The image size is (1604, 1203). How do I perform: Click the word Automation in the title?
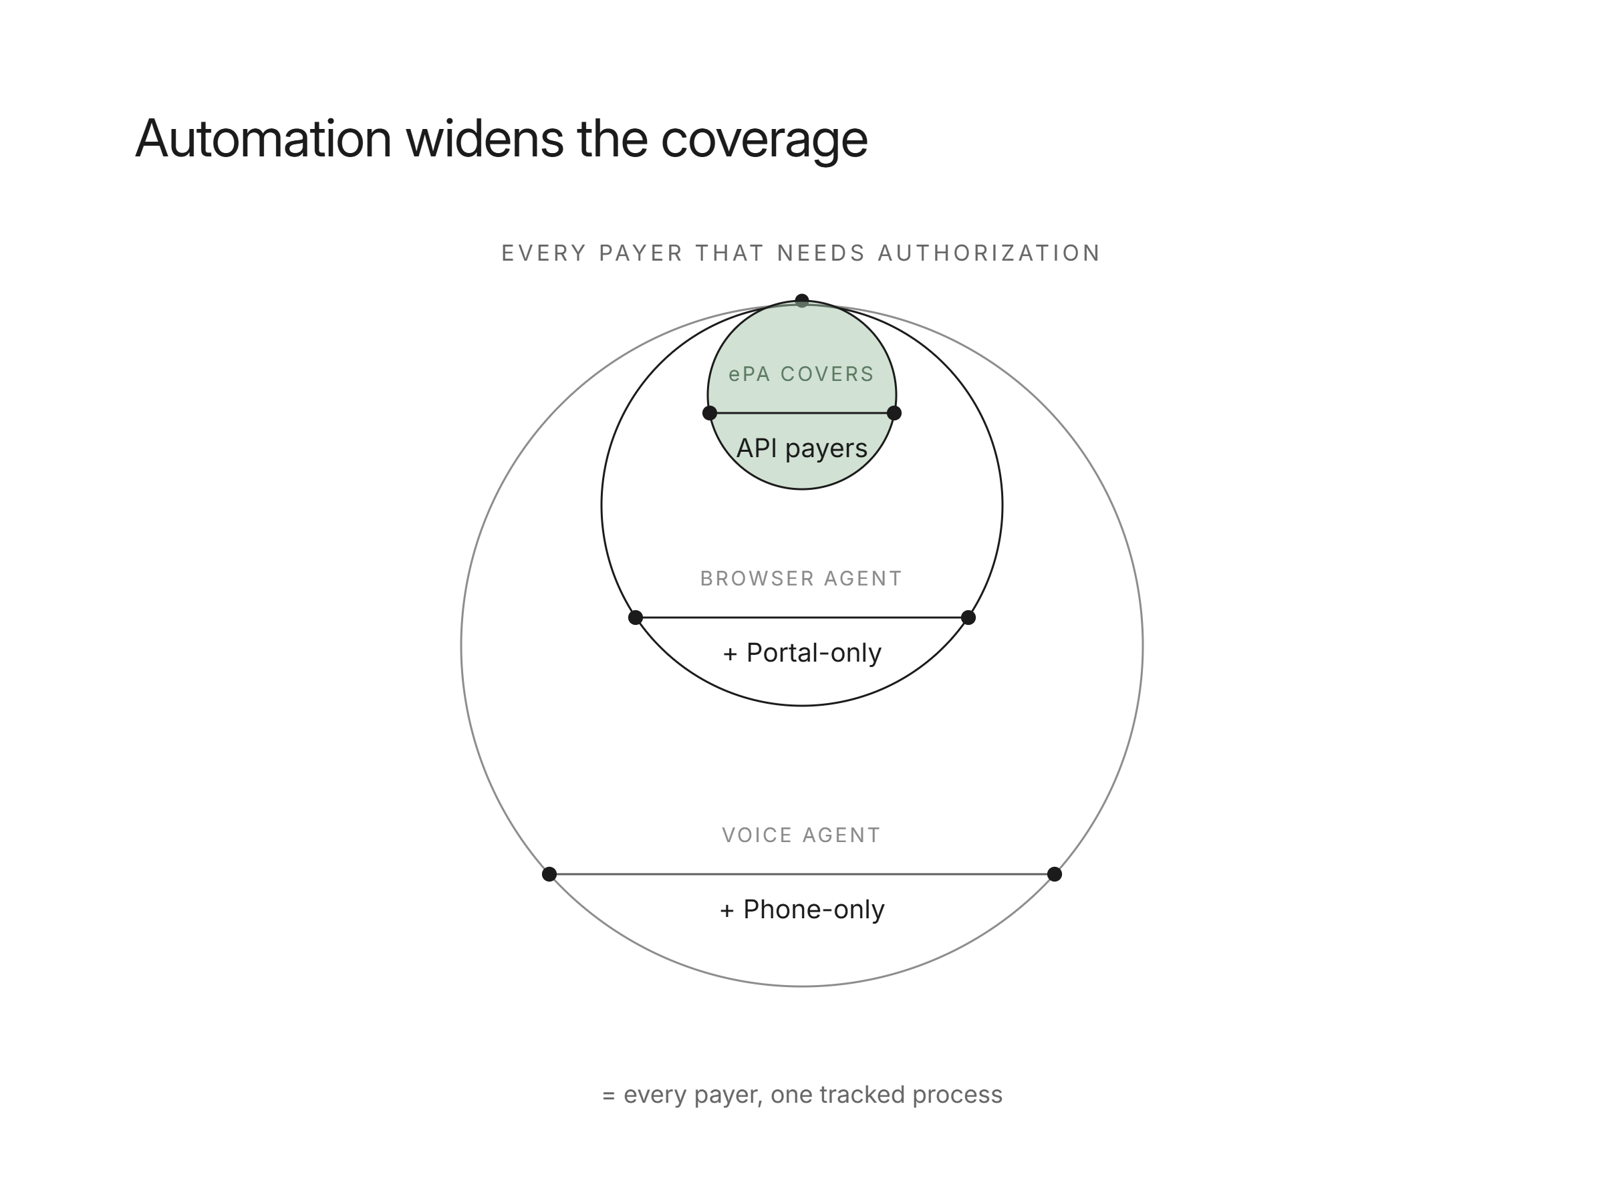(x=263, y=138)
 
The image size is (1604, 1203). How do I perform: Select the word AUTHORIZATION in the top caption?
(x=989, y=253)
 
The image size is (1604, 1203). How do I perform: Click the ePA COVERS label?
(x=801, y=374)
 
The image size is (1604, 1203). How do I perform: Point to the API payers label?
(x=801, y=448)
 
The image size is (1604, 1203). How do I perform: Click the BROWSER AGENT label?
(x=801, y=579)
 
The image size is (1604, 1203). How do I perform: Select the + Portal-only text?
(x=802, y=652)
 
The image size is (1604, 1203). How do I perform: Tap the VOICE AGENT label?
(x=801, y=835)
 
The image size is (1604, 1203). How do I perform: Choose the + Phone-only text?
(x=802, y=910)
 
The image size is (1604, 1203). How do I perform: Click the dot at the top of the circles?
(x=802, y=300)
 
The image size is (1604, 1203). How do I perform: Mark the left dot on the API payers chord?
(x=710, y=413)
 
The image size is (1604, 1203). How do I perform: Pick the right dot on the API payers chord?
(x=894, y=413)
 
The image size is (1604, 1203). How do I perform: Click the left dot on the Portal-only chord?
(x=635, y=618)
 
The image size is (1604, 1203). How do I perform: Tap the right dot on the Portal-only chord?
(x=968, y=618)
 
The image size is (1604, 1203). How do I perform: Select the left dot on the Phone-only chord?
(x=549, y=874)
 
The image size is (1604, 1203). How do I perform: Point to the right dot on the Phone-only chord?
(x=1055, y=874)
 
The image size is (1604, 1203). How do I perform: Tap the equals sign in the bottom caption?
(x=609, y=1095)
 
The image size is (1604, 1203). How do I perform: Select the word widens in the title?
(x=485, y=138)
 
